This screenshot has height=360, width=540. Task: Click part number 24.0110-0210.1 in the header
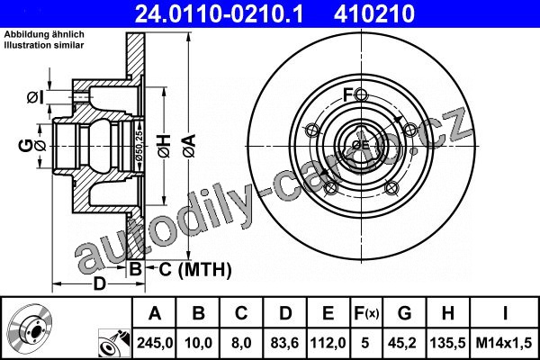(219, 14)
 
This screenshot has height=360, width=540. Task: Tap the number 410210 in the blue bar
(374, 14)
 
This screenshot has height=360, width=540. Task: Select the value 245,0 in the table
(155, 343)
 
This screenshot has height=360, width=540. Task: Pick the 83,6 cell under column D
(284, 343)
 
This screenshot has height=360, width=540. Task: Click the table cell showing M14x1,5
(504, 343)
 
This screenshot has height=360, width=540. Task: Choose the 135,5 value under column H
(447, 343)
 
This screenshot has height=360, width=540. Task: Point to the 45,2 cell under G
(404, 343)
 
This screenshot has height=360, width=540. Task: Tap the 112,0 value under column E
(328, 343)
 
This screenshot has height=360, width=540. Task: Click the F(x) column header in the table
(366, 313)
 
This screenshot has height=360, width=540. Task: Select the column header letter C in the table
(241, 313)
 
